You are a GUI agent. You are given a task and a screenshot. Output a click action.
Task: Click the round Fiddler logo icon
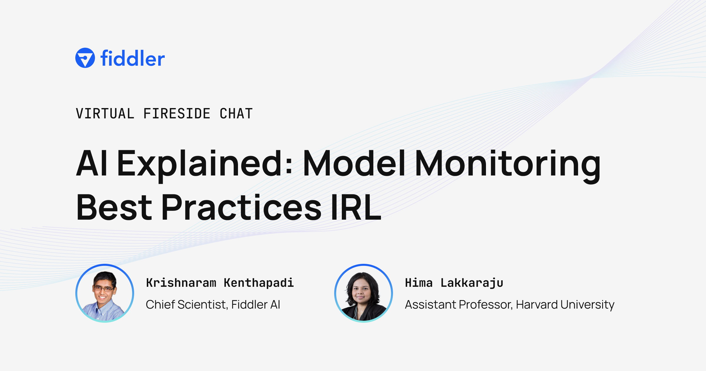85,58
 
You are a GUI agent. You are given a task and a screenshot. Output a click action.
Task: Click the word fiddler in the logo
132,58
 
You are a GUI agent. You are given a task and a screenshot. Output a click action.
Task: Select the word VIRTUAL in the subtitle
105,114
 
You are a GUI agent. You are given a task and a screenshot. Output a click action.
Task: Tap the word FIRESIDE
177,114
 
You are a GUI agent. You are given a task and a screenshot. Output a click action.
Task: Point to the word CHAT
236,114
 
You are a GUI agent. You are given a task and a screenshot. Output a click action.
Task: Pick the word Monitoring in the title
508,163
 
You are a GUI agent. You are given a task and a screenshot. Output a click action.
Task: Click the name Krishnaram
181,283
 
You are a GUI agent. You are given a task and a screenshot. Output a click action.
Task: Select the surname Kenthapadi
259,283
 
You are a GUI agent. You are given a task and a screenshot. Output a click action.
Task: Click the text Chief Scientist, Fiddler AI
213,304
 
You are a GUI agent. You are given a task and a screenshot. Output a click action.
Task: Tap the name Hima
419,283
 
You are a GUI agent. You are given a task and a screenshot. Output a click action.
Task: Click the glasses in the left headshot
103,289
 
